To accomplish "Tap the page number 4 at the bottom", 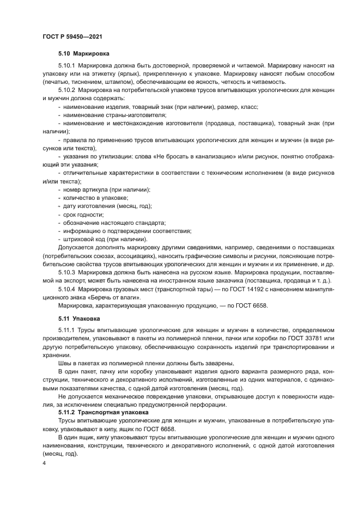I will pos(44,463).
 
